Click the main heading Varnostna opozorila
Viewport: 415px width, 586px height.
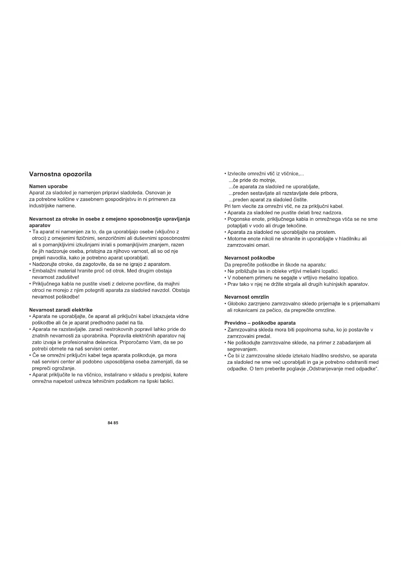pos(60,174)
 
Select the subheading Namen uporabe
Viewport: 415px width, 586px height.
pos(48,186)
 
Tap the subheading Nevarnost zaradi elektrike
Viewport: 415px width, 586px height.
pos(61,310)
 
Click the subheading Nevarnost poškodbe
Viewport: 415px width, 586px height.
pos(249,258)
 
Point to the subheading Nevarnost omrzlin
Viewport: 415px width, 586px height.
pos(246,297)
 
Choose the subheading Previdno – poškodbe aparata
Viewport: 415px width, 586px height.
pos(260,323)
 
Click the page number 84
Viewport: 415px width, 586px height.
pos(110,423)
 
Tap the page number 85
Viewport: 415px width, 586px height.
pos(116,423)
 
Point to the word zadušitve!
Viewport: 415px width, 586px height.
pos(67,277)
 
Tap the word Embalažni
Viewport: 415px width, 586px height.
pos(43,271)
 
